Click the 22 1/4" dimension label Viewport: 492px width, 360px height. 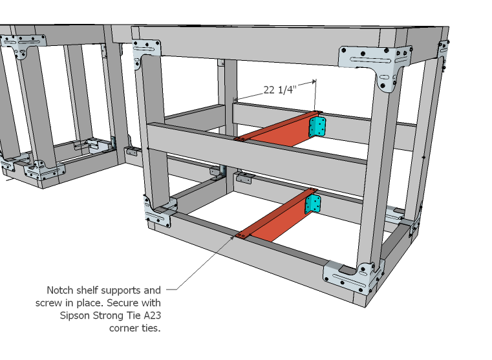coord(279,90)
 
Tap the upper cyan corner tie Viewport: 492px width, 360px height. coord(317,126)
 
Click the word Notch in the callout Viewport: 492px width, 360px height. coord(60,290)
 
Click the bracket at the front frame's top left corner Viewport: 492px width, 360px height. coord(147,54)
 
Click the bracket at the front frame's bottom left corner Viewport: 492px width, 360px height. coord(158,214)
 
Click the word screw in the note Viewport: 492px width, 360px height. coord(48,302)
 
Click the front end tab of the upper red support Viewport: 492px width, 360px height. coord(239,139)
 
